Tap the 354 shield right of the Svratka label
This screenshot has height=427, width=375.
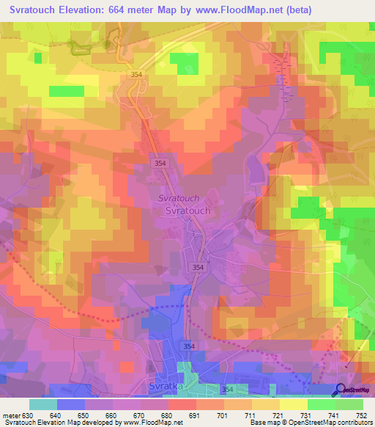229,390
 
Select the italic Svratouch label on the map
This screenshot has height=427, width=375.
179,199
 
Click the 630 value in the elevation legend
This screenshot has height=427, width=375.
27,415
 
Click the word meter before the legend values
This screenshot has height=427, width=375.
10,415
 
